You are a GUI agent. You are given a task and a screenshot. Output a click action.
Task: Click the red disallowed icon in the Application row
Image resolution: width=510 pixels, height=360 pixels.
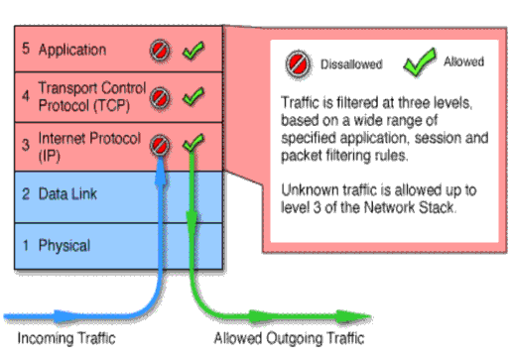pyautogui.click(x=160, y=50)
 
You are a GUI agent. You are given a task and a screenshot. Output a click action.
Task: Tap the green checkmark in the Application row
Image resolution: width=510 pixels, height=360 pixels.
pyautogui.click(x=193, y=49)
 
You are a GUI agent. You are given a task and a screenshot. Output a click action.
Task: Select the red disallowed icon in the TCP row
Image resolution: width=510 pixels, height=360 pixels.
pyautogui.click(x=160, y=97)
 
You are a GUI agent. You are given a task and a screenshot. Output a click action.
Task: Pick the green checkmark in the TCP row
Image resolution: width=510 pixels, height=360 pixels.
pyautogui.click(x=193, y=96)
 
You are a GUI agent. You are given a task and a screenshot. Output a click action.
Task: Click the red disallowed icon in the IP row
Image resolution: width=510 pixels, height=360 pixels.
pyautogui.click(x=160, y=145)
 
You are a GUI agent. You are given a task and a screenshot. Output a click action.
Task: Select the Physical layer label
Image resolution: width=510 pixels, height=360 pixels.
pyautogui.click(x=64, y=244)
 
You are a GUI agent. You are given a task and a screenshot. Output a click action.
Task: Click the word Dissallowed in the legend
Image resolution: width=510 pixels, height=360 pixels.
pyautogui.click(x=350, y=64)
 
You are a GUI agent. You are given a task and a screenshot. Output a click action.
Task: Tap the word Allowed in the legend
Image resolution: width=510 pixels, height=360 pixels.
pyautogui.click(x=464, y=61)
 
